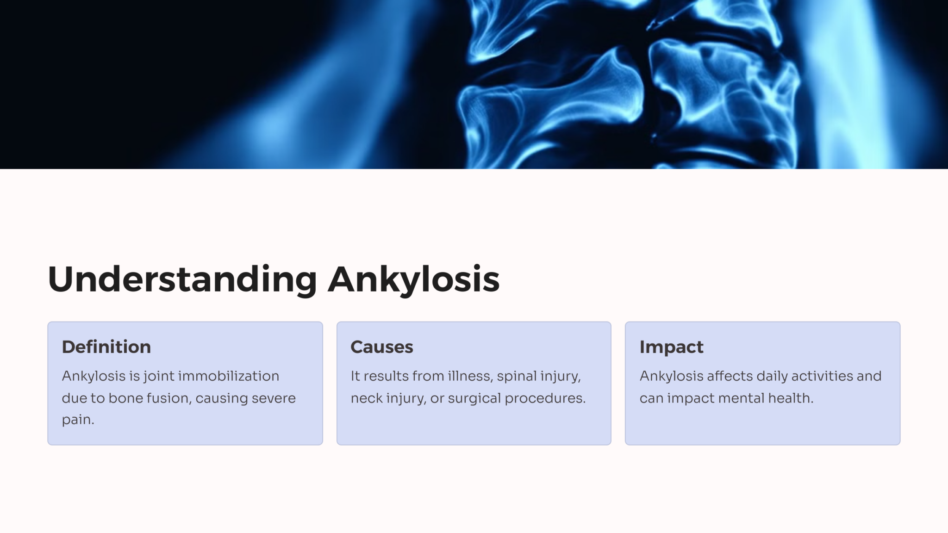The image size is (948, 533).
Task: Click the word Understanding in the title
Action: point(182,279)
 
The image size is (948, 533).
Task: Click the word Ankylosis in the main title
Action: point(413,279)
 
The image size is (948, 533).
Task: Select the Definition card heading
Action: point(106,347)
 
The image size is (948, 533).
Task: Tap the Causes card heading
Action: point(381,347)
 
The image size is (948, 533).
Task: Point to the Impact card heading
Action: point(671,347)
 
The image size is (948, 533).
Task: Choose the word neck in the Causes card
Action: point(366,398)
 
